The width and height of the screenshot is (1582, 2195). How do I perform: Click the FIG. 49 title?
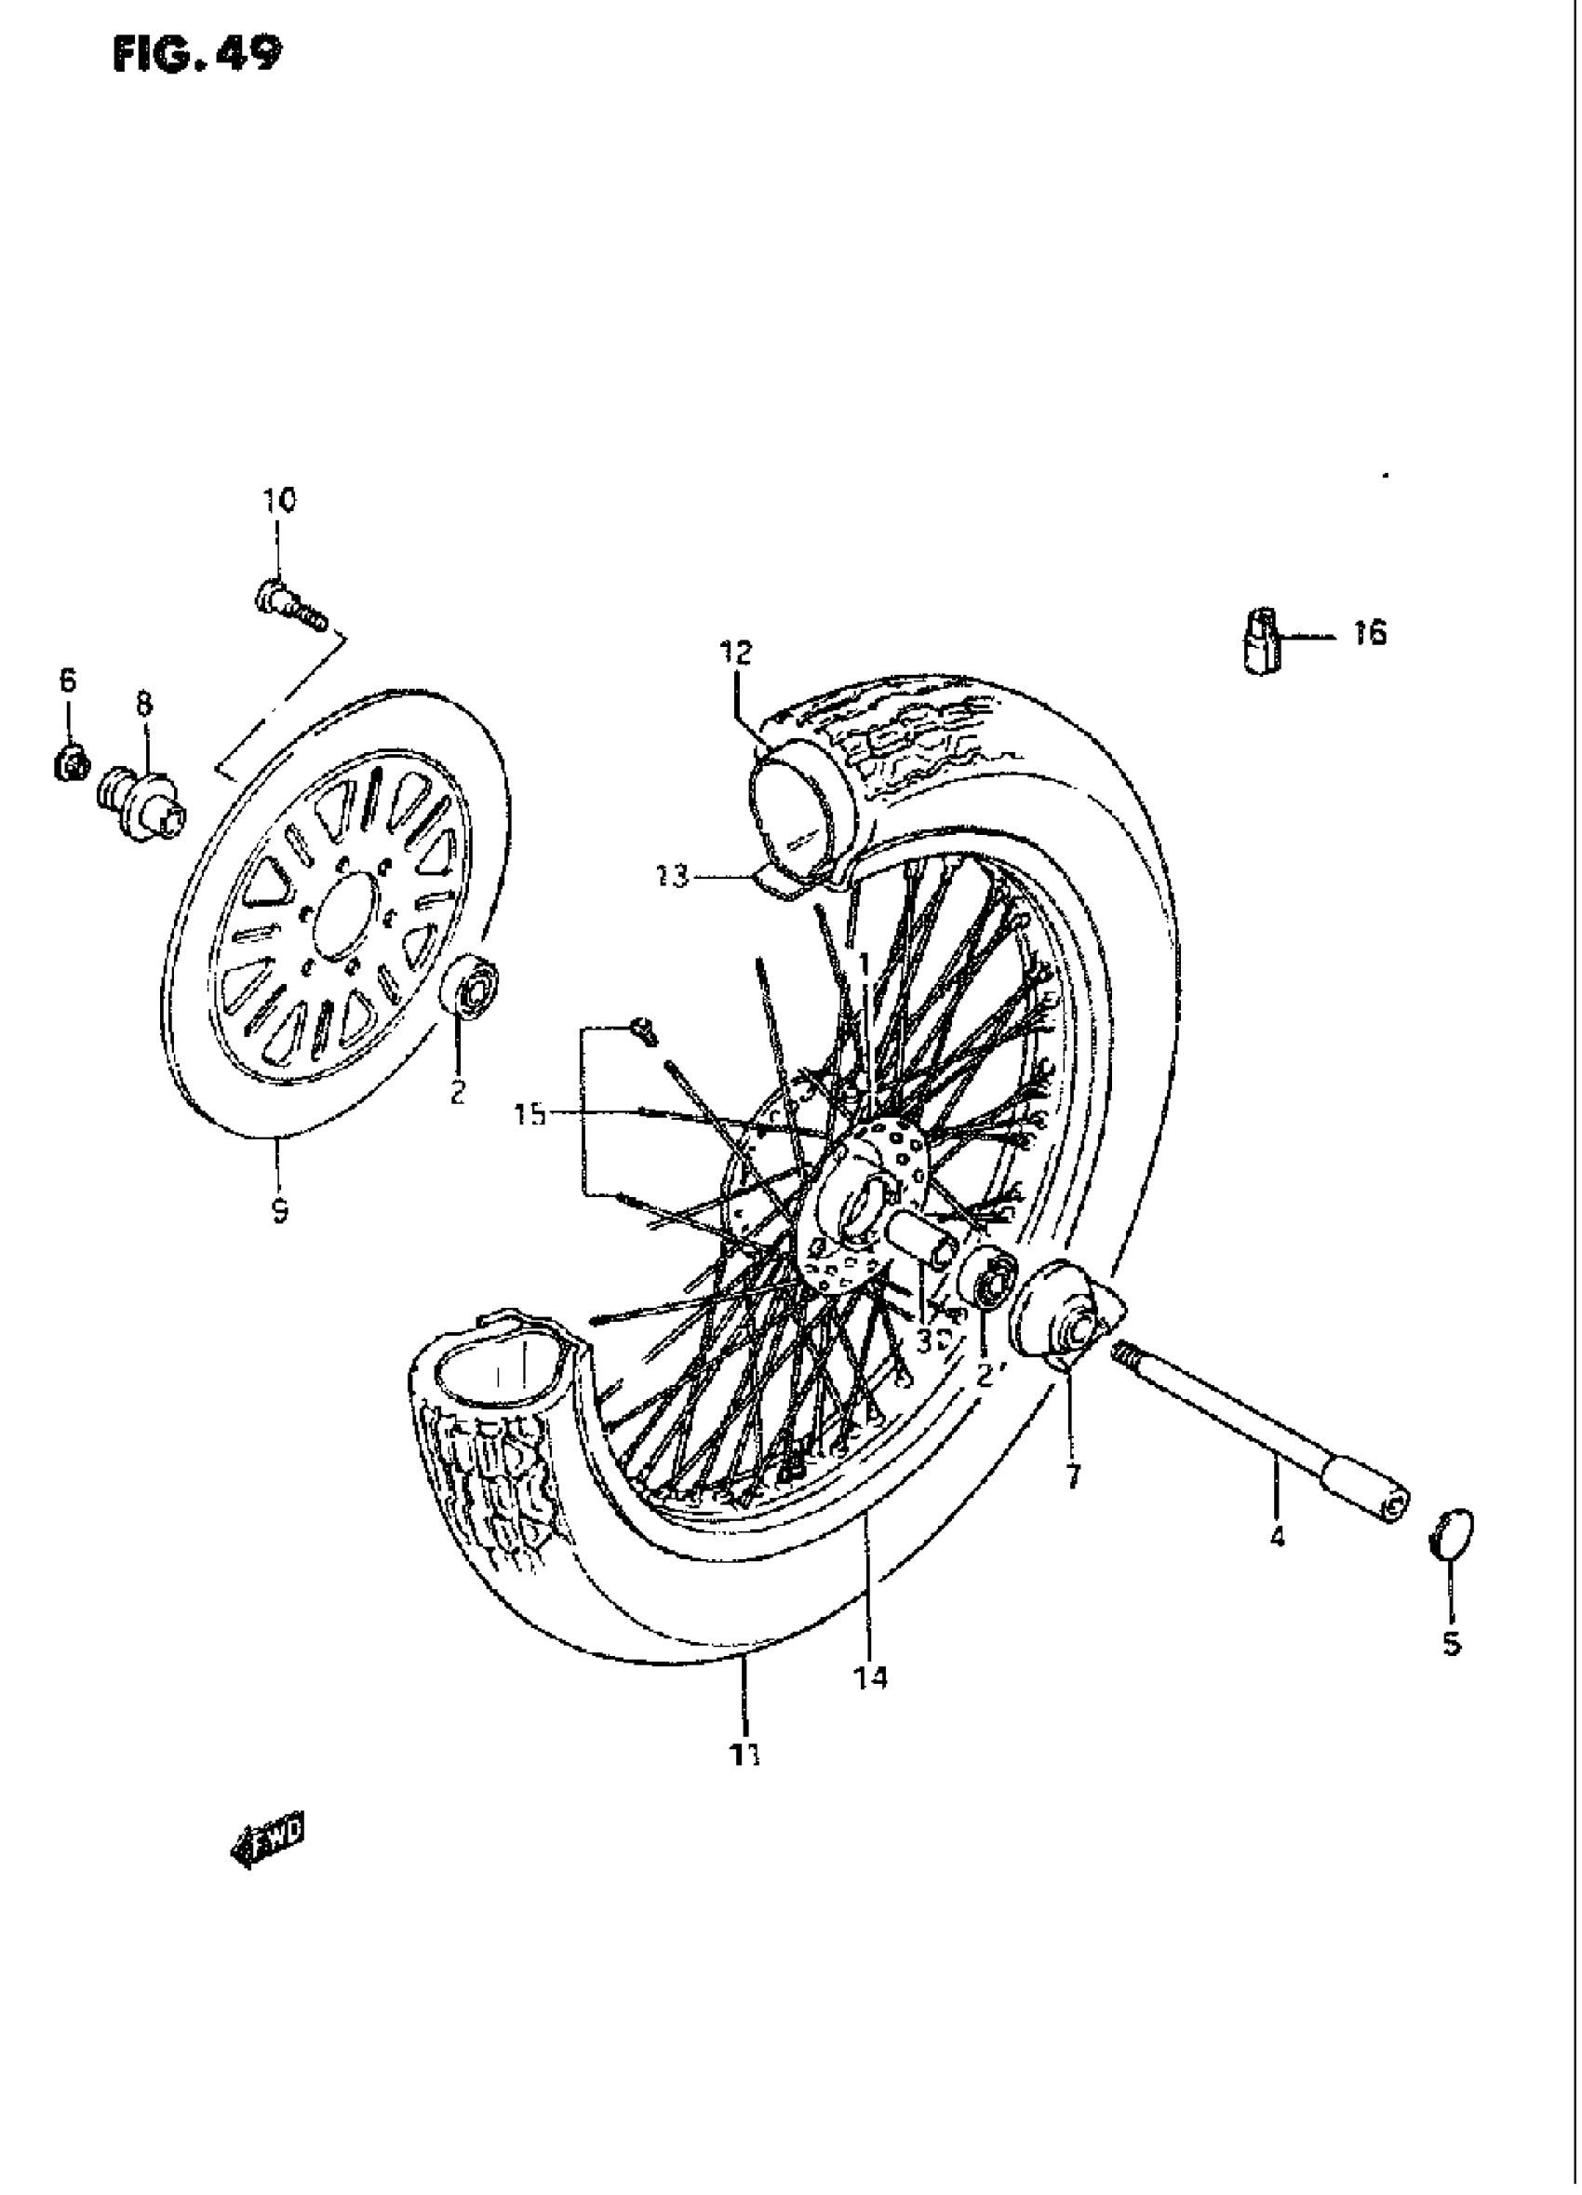click(197, 54)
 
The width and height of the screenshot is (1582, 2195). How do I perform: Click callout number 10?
click(278, 501)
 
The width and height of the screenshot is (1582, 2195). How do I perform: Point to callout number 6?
click(67, 681)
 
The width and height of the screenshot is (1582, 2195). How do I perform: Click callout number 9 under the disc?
click(279, 1210)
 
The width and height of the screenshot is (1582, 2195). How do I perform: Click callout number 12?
click(735, 653)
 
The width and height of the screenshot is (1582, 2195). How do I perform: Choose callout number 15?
click(530, 1115)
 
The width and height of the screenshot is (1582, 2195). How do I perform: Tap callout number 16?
click(1369, 634)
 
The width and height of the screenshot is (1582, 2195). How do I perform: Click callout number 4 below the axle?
click(1276, 1536)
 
